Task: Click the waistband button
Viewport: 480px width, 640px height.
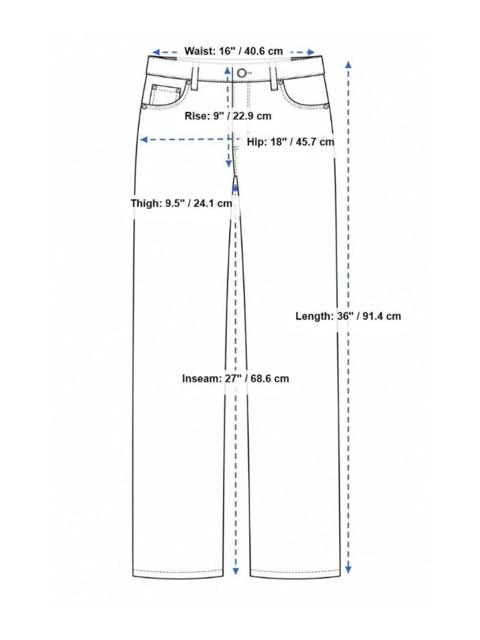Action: click(x=241, y=73)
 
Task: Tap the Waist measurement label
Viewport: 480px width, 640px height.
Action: click(x=234, y=51)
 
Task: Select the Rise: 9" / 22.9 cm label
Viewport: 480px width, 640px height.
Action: click(x=228, y=116)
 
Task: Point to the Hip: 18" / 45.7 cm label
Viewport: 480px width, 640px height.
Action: click(x=290, y=142)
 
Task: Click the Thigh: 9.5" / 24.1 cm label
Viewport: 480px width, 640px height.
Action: click(x=181, y=203)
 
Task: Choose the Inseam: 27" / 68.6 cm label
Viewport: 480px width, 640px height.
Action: click(x=236, y=379)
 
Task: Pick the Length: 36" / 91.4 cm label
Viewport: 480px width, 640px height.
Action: click(x=348, y=316)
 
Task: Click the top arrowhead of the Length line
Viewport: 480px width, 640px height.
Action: click(x=348, y=64)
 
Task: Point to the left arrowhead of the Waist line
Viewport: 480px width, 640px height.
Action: click(x=156, y=52)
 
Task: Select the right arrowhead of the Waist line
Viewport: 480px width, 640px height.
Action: click(x=311, y=52)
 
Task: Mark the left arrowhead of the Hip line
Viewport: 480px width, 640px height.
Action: click(x=144, y=140)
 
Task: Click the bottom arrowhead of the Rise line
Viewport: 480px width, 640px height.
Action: click(x=229, y=164)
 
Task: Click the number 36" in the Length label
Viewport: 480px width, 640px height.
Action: click(x=344, y=316)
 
